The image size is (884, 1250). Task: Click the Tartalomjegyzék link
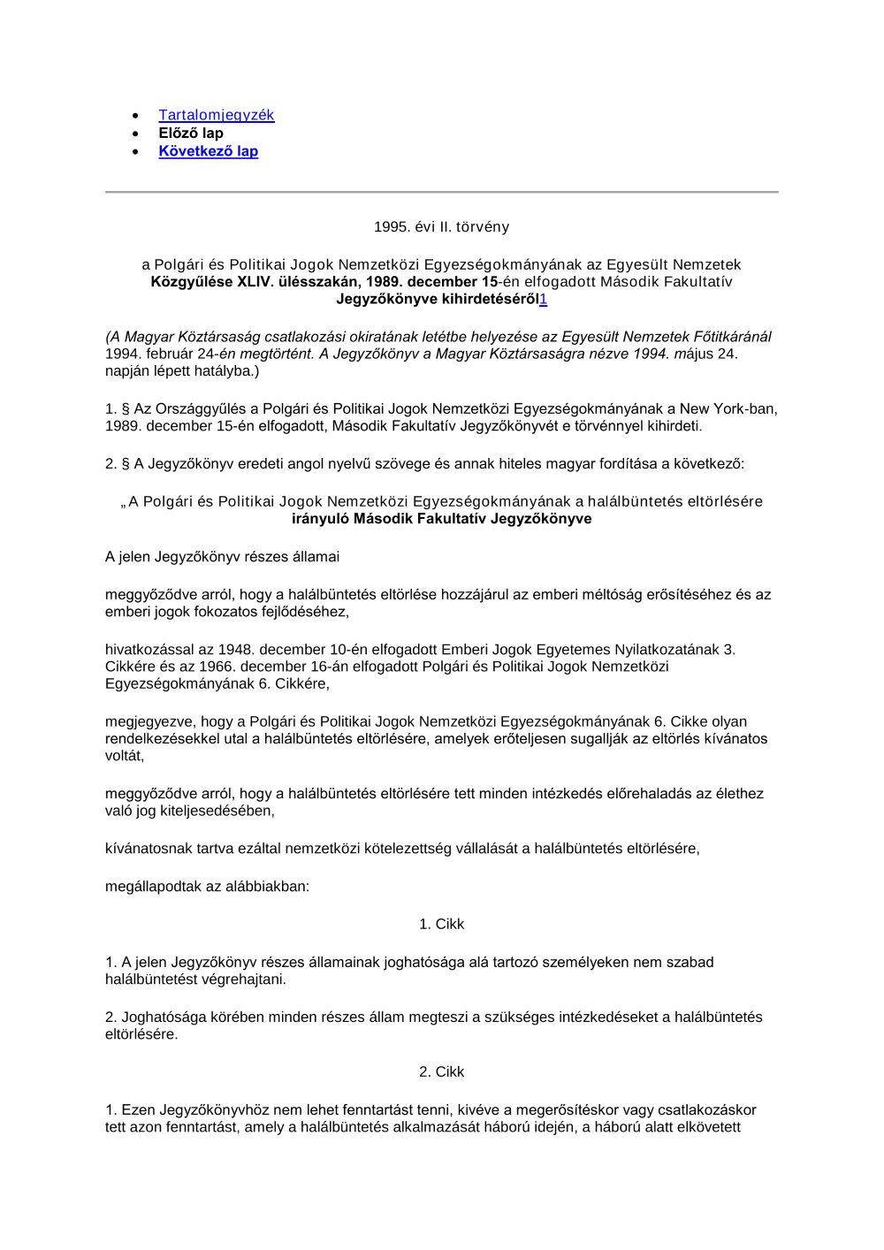coord(217,115)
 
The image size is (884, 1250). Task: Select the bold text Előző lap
coord(191,133)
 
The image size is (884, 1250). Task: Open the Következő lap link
coord(209,151)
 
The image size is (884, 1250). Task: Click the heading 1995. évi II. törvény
coord(441,227)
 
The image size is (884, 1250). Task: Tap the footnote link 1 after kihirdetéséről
coord(544,299)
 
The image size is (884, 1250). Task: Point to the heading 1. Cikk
coord(441,924)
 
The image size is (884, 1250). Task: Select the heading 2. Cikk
coord(441,1071)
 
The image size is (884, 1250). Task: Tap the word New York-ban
coord(728,409)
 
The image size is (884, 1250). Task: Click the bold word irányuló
coord(320,519)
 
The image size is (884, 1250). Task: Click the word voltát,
coord(125,756)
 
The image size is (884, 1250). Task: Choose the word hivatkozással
coord(149,650)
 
